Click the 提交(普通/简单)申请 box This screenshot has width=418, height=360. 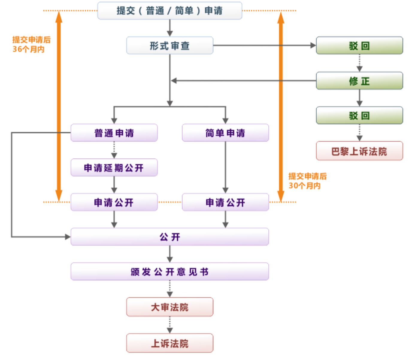[x=169, y=11]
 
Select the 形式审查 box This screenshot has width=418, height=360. [x=169, y=46]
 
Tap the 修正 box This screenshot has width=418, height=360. [x=359, y=81]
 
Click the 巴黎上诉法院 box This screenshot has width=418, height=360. [x=359, y=151]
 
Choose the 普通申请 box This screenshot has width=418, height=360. [x=114, y=133]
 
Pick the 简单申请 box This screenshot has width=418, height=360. [x=225, y=133]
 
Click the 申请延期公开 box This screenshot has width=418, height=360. [x=114, y=167]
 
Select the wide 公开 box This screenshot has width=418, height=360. [x=169, y=237]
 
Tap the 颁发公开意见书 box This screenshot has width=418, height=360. [x=169, y=272]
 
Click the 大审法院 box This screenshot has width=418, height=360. [x=169, y=307]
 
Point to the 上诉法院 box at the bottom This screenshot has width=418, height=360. [x=169, y=343]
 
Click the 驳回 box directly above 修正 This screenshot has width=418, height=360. [x=359, y=46]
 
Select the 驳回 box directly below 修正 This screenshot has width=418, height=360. [x=359, y=115]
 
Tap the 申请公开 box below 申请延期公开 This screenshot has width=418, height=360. [x=114, y=202]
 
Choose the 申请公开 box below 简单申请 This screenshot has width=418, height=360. [x=225, y=202]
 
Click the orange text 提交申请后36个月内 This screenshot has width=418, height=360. [x=31, y=44]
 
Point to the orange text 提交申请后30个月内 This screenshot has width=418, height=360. [x=307, y=181]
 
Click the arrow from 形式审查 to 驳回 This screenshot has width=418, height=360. [x=263, y=46]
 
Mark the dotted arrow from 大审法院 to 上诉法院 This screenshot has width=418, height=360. [x=170, y=325]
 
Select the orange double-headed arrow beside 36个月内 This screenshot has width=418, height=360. [x=59, y=106]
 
